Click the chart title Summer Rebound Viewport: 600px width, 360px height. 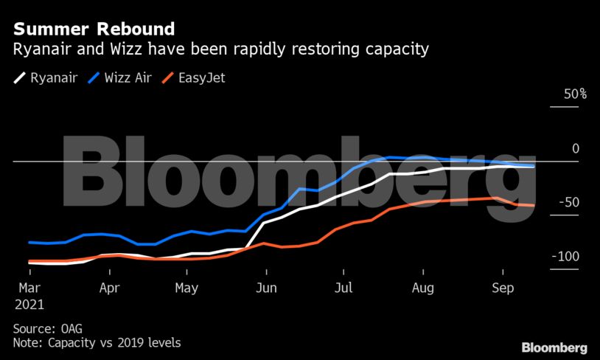[x=94, y=30]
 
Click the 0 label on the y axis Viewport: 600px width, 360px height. [x=576, y=149]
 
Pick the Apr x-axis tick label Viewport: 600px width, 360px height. [x=109, y=288]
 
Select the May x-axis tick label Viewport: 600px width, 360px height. [x=187, y=288]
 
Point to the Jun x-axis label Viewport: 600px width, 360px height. [x=266, y=288]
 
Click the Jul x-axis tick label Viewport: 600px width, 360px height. [x=343, y=288]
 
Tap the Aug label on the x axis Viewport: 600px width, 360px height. [x=422, y=288]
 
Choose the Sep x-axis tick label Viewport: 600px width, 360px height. [x=502, y=288]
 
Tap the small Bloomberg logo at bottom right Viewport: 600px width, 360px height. [x=554, y=347]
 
